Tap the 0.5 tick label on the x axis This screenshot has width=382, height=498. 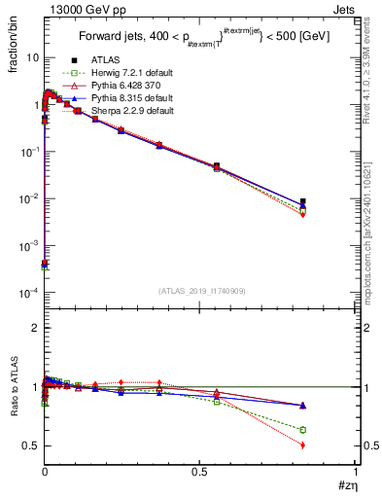(199, 472)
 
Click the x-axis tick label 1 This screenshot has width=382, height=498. (355, 472)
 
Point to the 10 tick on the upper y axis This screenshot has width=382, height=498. (30, 57)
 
